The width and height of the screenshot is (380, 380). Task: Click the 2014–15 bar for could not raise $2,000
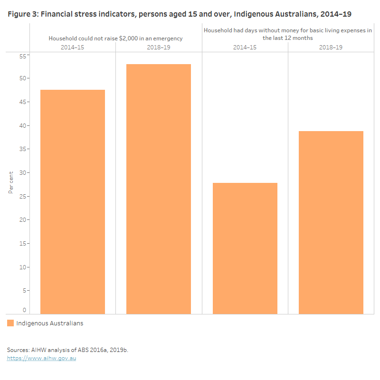[x=73, y=202]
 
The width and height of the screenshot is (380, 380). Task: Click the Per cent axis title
[x=10, y=182]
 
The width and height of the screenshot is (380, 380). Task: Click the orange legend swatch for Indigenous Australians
[x=10, y=323]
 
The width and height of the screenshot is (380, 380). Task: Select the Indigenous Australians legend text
[x=49, y=323]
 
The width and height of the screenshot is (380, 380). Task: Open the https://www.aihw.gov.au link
[x=41, y=358]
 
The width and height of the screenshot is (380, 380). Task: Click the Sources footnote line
[x=67, y=350]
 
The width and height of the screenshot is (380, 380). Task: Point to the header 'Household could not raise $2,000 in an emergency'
[x=115, y=38]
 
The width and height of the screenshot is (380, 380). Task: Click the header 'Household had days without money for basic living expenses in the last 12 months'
[x=288, y=34]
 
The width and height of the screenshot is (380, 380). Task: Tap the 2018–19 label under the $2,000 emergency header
[x=159, y=47]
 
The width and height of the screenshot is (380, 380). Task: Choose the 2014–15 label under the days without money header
[x=245, y=47]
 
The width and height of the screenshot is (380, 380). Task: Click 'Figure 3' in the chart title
[x=22, y=14]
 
